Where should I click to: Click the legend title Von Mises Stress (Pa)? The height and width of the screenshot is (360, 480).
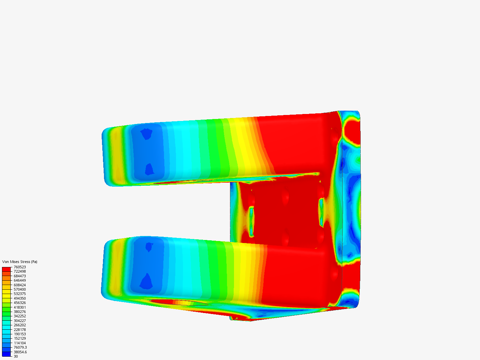coord(20,262)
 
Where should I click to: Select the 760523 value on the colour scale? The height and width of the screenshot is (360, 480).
coord(20,267)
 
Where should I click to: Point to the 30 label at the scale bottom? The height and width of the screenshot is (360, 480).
coord(16,356)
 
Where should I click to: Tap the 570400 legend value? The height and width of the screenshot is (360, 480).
coord(20,289)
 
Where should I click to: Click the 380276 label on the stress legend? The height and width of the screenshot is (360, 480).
coord(20,312)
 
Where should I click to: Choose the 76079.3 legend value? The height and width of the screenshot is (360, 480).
coord(20,347)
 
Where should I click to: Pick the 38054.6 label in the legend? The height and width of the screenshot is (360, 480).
coord(20,352)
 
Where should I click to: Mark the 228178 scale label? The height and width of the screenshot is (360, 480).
coord(20,330)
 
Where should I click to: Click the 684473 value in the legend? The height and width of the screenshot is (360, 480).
coord(20,276)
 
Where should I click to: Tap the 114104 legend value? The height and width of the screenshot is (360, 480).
coord(20,343)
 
